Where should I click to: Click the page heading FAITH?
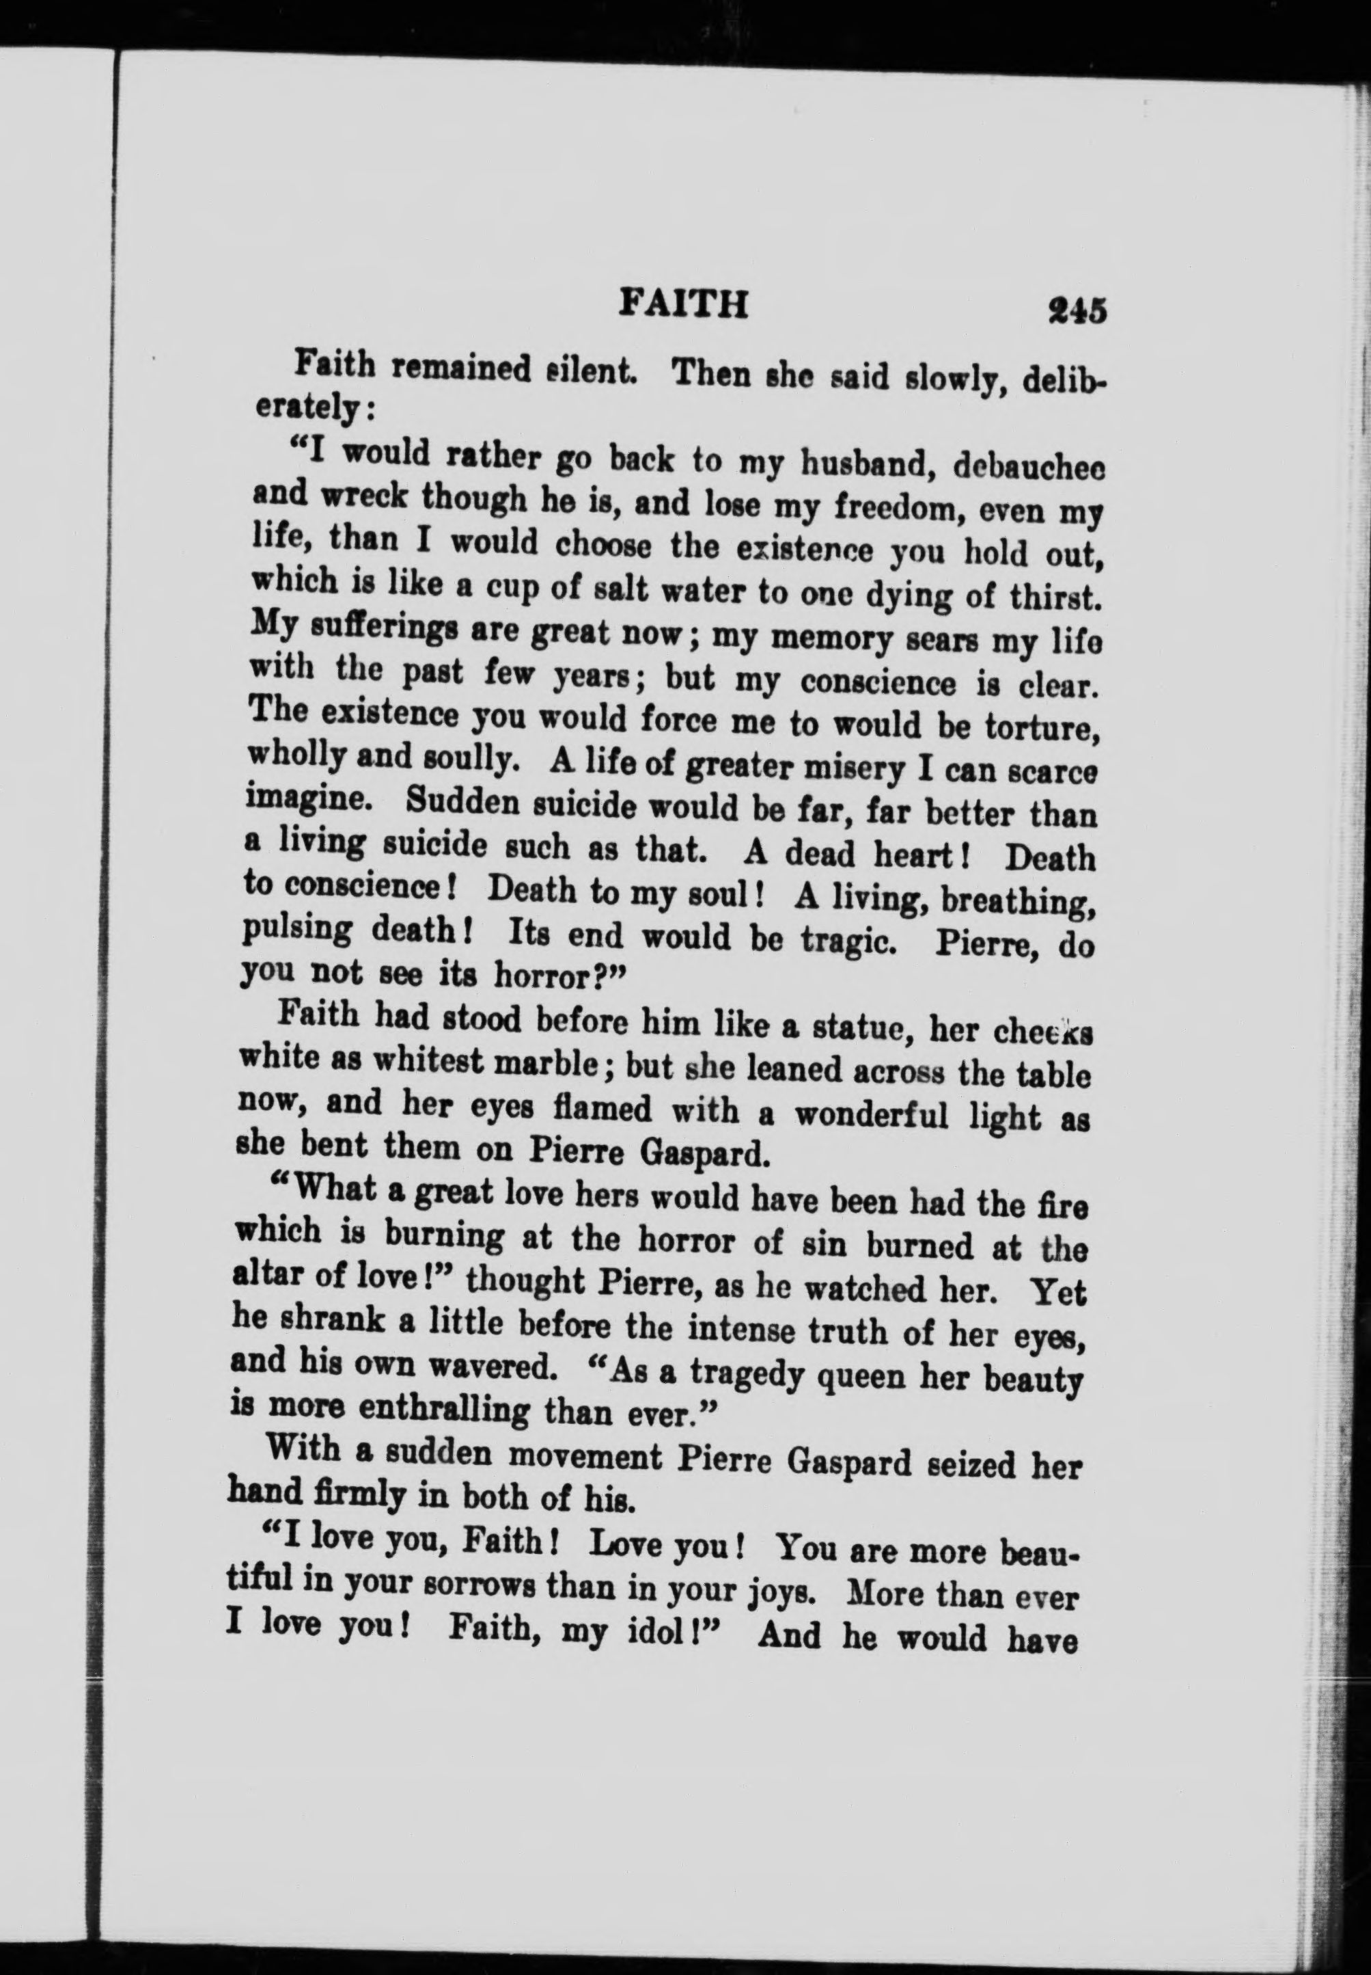[x=683, y=304]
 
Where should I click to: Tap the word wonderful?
[x=870, y=1115]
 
